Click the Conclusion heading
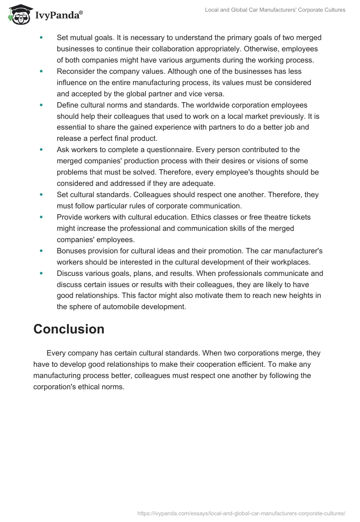pyautogui.click(x=69, y=329)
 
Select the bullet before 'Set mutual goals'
pyautogui.click(x=41, y=38)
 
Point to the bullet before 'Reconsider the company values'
pyautogui.click(x=41, y=72)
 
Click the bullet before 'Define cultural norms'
pyautogui.click(x=41, y=105)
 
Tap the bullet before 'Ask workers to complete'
pyautogui.click(x=41, y=149)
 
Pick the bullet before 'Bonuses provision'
pyautogui.click(x=41, y=251)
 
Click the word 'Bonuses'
pyautogui.click(x=71, y=251)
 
